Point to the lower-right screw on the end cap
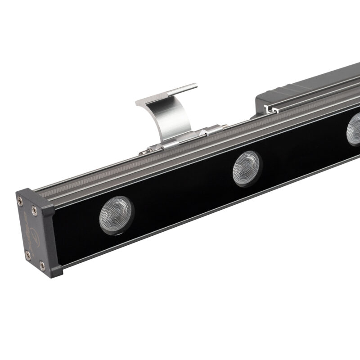tap(43, 265)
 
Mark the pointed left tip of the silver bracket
tap(136, 103)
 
